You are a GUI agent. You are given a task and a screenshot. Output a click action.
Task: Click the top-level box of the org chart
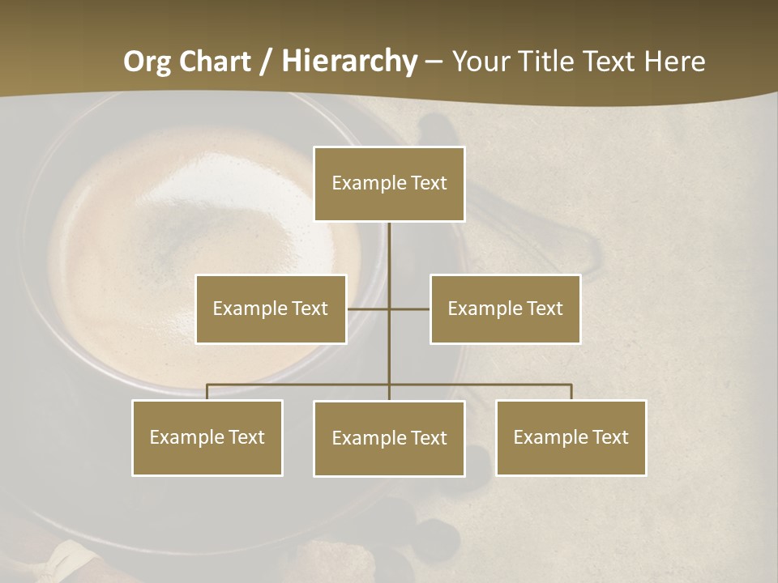389,184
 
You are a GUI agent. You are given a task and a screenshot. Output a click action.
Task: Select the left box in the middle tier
271,309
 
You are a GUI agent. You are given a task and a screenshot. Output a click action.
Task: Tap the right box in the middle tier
505,309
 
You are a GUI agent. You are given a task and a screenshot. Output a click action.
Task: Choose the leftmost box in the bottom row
207,437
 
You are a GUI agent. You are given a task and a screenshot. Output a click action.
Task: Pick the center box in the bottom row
389,438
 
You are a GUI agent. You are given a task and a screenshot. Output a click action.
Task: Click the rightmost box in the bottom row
571,437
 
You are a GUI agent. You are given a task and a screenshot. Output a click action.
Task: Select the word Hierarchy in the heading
349,62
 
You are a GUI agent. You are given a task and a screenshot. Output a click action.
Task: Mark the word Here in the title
674,62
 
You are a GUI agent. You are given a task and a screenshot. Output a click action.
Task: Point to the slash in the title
266,62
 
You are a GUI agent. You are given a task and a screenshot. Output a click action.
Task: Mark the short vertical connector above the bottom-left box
207,392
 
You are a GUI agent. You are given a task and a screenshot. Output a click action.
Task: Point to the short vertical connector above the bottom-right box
571,392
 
